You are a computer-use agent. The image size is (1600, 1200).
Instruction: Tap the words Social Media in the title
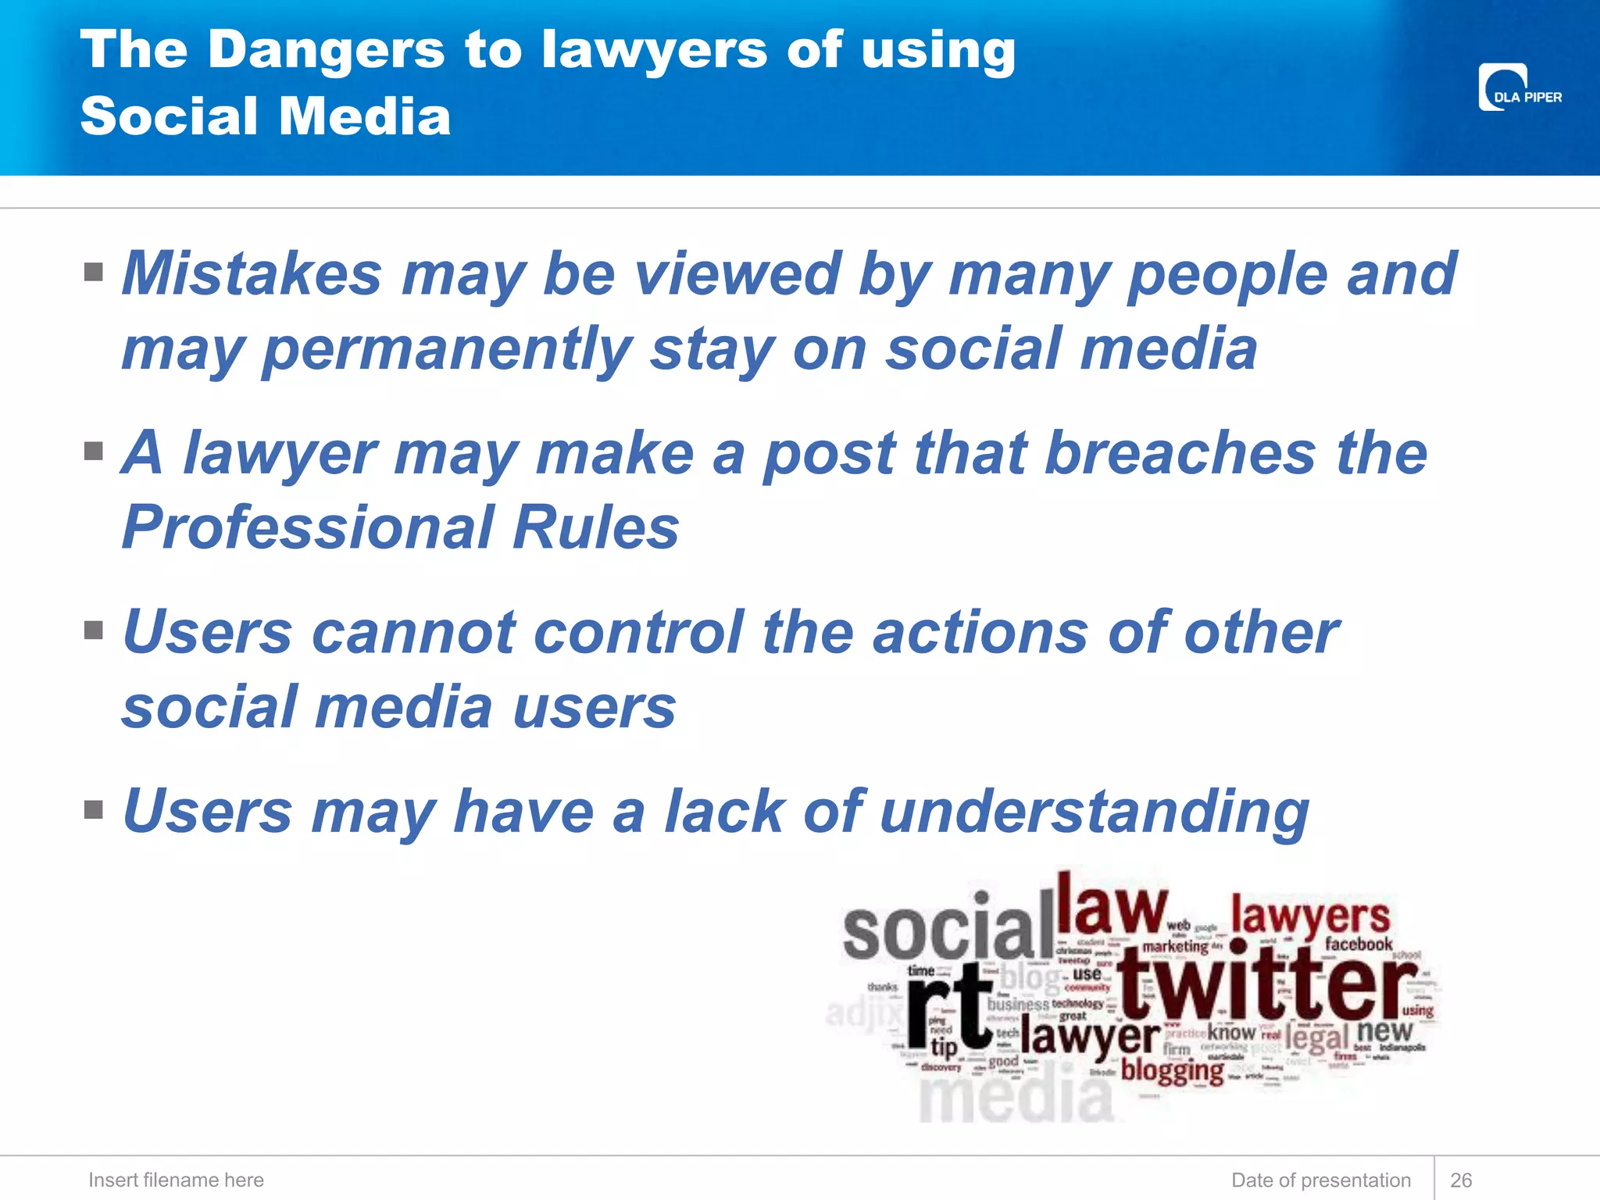click(x=266, y=116)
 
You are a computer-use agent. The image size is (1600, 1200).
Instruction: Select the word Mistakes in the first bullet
click(x=252, y=274)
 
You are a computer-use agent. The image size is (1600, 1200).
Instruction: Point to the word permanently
click(x=446, y=349)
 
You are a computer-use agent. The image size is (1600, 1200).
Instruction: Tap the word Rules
click(x=595, y=527)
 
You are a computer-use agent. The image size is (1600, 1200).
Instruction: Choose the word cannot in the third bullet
click(x=413, y=632)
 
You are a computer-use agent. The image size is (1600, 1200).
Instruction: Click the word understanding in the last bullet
click(x=1094, y=812)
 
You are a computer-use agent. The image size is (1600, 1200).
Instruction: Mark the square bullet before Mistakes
click(x=94, y=272)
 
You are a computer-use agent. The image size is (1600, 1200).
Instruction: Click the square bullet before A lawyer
click(x=94, y=452)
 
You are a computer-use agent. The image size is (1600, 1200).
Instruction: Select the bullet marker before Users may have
click(x=94, y=809)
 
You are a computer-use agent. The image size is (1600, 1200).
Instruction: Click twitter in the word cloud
click(x=1266, y=986)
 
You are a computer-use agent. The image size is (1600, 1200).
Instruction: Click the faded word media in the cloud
click(x=1016, y=1098)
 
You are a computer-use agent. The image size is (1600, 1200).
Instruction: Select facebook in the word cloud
click(x=1358, y=945)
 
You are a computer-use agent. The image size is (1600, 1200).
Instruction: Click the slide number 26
click(x=1460, y=1180)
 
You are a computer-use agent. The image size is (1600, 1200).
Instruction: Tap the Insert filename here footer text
click(x=176, y=1180)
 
